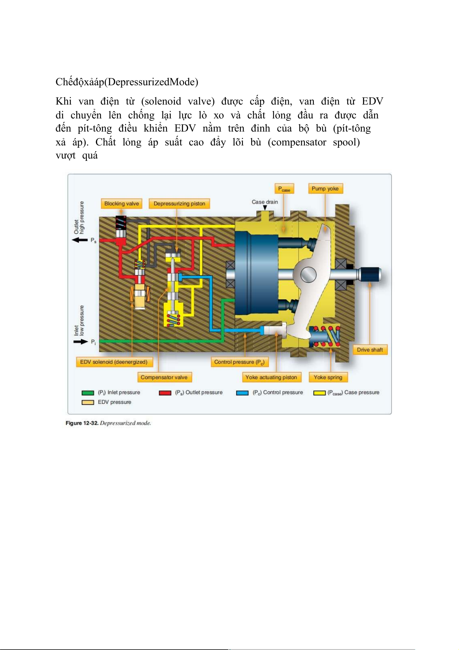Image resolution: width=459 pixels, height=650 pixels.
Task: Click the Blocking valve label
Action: click(x=121, y=204)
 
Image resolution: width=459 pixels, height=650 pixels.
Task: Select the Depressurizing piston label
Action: click(x=179, y=204)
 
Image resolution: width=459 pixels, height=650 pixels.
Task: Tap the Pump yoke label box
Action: click(x=325, y=189)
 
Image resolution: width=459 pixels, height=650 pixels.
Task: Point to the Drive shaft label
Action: click(x=370, y=350)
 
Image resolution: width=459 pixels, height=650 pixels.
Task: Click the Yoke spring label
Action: click(x=328, y=377)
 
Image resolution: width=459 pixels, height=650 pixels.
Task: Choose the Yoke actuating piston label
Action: click(x=271, y=377)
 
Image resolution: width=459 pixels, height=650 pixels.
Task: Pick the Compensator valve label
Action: click(x=164, y=377)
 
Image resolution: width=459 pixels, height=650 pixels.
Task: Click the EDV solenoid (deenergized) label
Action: click(x=114, y=362)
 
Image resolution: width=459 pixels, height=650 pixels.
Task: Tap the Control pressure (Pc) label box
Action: click(x=239, y=362)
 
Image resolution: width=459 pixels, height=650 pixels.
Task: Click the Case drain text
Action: click(x=265, y=202)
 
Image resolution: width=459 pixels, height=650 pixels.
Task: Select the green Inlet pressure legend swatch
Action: click(x=88, y=393)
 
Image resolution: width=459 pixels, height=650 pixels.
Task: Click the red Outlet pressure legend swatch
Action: click(x=165, y=393)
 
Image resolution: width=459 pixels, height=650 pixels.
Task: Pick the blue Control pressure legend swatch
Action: click(x=242, y=393)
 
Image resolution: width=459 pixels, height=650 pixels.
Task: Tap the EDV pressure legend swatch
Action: click(x=88, y=402)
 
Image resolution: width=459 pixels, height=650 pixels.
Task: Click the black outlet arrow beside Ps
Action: click(x=80, y=240)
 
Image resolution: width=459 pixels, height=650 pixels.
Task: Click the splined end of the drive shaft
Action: click(x=370, y=275)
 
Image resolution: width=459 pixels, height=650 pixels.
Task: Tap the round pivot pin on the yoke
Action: click(x=308, y=275)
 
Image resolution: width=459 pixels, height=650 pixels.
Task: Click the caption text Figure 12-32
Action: click(x=82, y=423)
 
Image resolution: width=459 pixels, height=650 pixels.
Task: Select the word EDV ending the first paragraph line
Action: click(x=372, y=101)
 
